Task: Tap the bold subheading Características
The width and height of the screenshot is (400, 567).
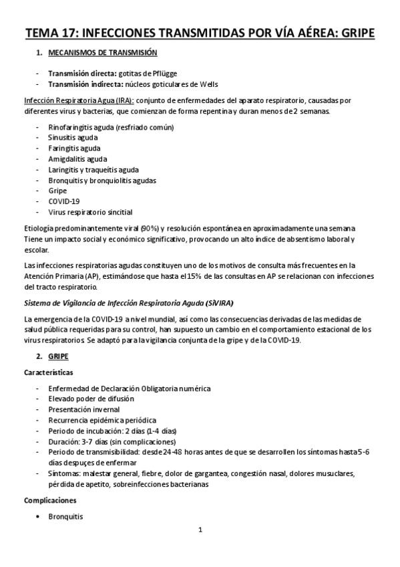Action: coord(48,372)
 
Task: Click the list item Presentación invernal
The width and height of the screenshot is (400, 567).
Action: coord(84,409)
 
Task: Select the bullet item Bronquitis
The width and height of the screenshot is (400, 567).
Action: coord(65,516)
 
